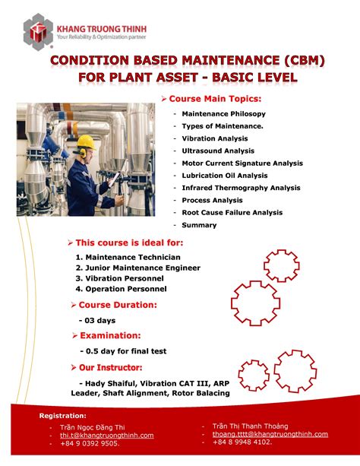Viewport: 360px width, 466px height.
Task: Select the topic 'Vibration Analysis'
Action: tap(215, 138)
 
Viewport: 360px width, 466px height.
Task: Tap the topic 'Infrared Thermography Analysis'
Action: tap(241, 188)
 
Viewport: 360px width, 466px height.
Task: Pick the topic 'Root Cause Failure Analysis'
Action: tap(232, 212)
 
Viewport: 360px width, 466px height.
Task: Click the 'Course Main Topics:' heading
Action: tap(215, 99)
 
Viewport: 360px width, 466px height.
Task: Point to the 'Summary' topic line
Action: tap(199, 224)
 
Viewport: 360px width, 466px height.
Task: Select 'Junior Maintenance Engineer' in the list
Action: tap(143, 268)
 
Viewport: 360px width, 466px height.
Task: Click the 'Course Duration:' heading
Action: tap(118, 305)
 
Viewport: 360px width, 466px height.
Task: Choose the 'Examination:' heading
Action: tap(110, 335)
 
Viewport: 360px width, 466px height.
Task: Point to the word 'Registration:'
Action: tap(63, 416)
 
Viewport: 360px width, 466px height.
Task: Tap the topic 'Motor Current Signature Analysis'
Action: tap(242, 163)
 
